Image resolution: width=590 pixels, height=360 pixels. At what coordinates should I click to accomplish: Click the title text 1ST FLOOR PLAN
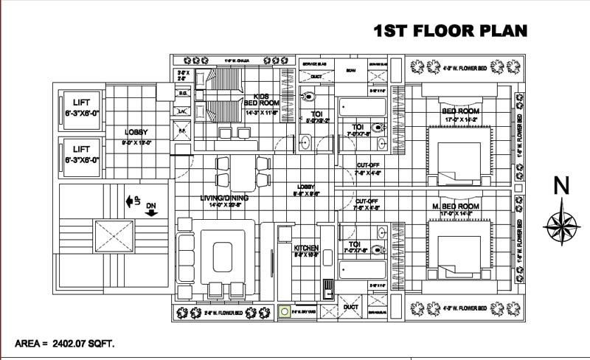451,30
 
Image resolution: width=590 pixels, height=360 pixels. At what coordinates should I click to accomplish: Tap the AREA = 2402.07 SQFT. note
65,344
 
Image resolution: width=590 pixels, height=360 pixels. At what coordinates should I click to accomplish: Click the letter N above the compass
561,187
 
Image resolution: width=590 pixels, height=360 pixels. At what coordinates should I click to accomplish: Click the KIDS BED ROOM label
260,100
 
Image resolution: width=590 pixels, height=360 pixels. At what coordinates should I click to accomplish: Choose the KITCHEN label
305,248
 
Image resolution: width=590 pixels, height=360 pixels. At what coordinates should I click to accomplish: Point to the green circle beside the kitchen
283,313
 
